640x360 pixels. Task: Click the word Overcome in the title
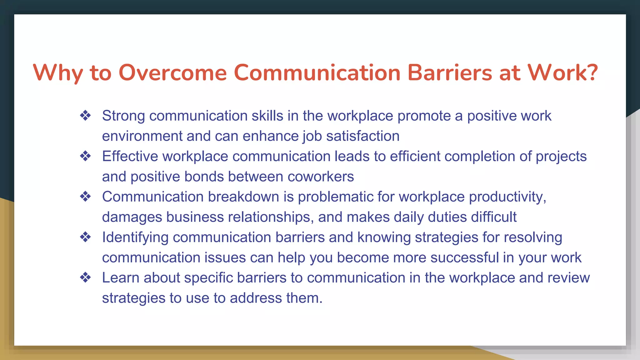coord(172,73)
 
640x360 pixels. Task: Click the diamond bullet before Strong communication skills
coord(85,116)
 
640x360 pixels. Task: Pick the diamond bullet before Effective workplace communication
coord(85,156)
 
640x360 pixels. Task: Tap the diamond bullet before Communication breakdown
coord(85,197)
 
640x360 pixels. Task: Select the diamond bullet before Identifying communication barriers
coord(85,237)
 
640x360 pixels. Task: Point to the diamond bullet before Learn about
coord(85,277)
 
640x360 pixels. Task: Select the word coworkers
coord(321,177)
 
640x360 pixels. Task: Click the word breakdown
coord(243,197)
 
